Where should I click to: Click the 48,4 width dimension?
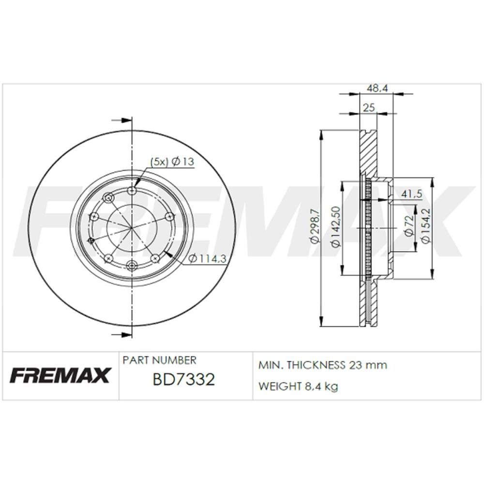coord(377,88)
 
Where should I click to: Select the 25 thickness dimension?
coord(368,108)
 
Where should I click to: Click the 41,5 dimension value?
coord(411,194)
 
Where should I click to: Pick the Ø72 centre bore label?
coord(409,226)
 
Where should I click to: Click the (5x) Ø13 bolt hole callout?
coord(172,162)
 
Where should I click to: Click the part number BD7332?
coord(183,379)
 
